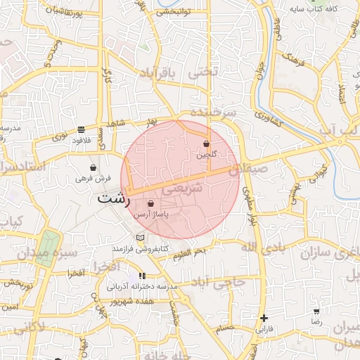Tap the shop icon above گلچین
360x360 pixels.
pos(205,143)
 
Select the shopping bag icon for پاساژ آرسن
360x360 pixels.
pos(150,204)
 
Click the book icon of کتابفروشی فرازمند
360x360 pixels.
pos(139,238)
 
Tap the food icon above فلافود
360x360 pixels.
pos(82,129)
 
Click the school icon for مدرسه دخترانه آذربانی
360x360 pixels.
pos(142,276)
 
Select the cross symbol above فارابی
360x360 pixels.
pos(264,318)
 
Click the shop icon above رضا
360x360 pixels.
pos(317,311)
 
